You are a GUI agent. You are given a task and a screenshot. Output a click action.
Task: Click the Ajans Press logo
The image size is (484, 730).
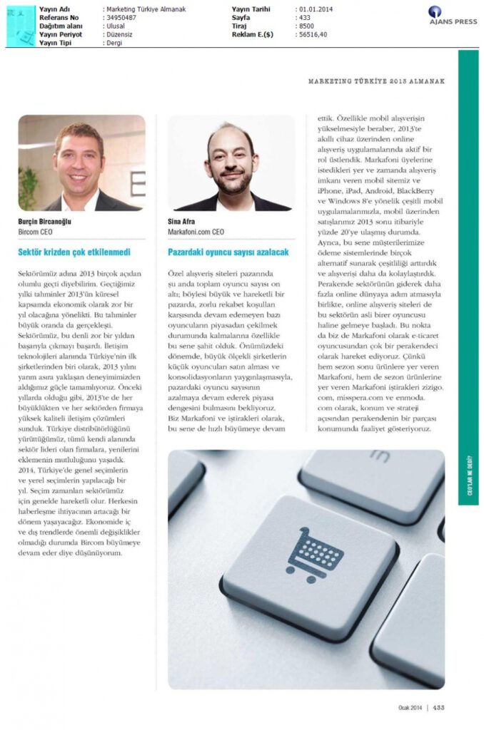tap(444, 15)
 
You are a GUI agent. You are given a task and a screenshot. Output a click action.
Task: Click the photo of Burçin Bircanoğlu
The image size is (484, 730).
tap(81, 163)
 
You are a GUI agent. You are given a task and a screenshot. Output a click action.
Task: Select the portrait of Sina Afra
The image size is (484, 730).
tap(231, 163)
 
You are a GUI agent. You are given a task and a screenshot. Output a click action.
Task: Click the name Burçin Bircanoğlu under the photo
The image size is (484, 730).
tap(45, 222)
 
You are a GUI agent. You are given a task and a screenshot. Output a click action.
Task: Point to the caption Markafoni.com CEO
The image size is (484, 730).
tap(196, 232)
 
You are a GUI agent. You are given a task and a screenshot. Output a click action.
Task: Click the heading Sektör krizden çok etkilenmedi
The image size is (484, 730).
tap(74, 252)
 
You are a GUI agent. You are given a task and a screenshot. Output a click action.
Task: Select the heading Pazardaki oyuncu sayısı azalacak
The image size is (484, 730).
tap(228, 252)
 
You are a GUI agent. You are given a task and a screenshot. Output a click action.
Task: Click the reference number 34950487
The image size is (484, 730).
tap(121, 17)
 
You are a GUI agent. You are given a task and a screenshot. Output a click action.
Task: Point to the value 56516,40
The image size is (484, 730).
tap(311, 34)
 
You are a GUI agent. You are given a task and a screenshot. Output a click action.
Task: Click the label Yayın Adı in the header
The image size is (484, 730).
tap(54, 9)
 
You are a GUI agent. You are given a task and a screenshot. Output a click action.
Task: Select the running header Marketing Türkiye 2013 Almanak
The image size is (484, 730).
tap(376, 81)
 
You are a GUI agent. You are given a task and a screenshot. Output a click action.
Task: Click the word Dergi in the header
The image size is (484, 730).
tap(114, 42)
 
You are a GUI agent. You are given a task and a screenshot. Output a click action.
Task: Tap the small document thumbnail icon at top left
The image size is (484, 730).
tap(21, 26)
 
